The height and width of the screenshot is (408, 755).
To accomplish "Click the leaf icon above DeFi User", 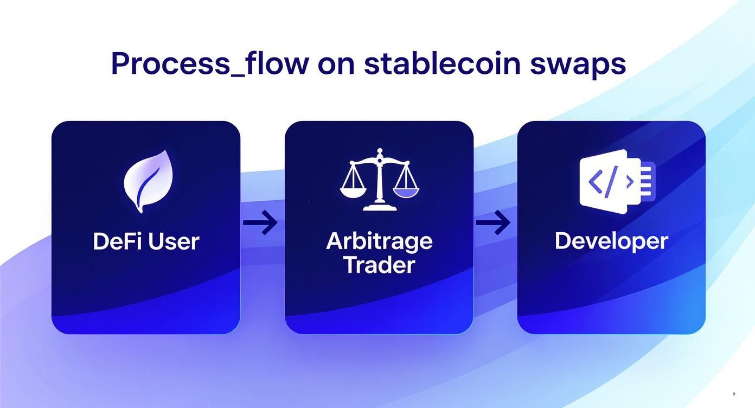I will pos(148,180).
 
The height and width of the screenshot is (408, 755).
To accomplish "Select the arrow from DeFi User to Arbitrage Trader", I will pos(260,222).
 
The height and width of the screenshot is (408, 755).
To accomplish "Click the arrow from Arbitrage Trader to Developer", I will pos(493,222).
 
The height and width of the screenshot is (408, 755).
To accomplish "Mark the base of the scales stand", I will pos(380,207).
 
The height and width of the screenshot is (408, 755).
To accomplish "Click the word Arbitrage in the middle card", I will pos(379,241).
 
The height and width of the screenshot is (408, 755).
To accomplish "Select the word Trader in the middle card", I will pos(379,265).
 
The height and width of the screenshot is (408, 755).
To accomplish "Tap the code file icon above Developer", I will pos(616,181).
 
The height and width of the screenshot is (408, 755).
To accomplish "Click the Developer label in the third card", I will pos(611,241).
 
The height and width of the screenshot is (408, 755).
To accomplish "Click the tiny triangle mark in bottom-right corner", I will pos(734,394).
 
